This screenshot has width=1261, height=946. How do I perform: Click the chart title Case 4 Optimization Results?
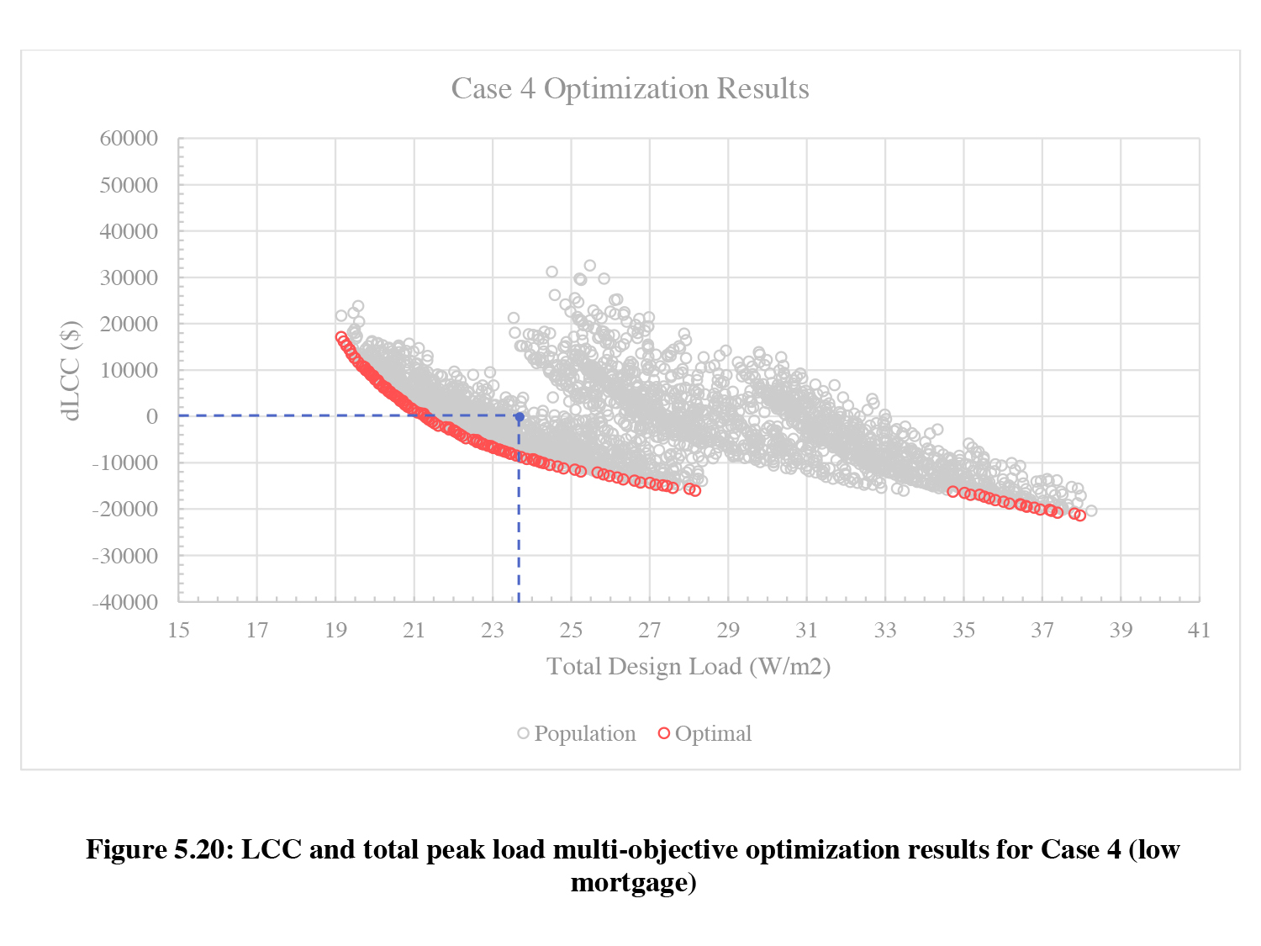(630, 89)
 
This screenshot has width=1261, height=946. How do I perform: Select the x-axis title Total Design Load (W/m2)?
(689, 667)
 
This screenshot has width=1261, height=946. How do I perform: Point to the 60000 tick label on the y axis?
(129, 139)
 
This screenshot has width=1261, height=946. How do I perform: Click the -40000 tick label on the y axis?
(126, 602)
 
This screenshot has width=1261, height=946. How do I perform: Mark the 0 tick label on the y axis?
(151, 416)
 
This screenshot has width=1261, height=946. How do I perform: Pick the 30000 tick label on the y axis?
(129, 277)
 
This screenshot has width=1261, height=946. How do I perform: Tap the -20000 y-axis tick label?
(126, 509)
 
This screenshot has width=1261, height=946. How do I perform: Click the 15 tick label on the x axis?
(178, 631)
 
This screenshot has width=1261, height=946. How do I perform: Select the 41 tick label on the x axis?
(1199, 631)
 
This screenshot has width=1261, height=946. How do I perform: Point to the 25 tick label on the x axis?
(571, 631)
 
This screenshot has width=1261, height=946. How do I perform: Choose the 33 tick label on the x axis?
(885, 631)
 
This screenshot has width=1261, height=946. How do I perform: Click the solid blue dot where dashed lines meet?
(520, 417)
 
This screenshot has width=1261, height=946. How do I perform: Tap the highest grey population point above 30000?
(589, 266)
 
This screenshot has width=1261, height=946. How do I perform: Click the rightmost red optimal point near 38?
(1080, 515)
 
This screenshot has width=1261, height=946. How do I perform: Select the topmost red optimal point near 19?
(340, 337)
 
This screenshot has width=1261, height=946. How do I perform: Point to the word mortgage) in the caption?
(633, 883)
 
